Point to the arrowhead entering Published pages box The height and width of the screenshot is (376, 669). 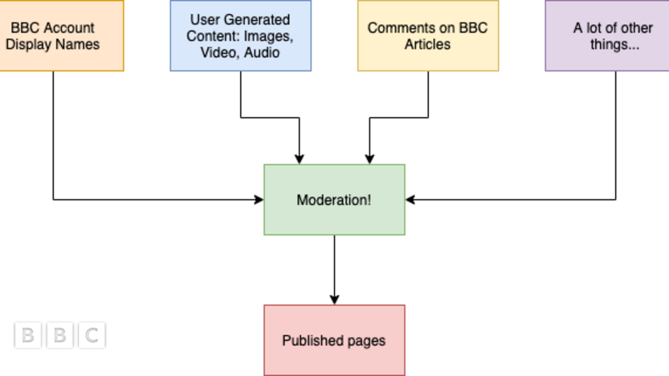pyautogui.click(x=334, y=300)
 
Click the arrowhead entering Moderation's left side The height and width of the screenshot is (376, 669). pyautogui.click(x=259, y=200)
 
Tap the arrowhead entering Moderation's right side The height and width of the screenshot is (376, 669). pyautogui.click(x=410, y=200)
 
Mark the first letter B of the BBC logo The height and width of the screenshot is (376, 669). pyautogui.click(x=27, y=336)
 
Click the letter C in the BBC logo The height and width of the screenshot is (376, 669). pyautogui.click(x=92, y=336)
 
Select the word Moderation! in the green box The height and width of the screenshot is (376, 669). pyautogui.click(x=334, y=200)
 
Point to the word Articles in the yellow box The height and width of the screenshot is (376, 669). pyautogui.click(x=427, y=44)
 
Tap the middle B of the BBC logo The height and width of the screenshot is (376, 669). pyautogui.click(x=59, y=336)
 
